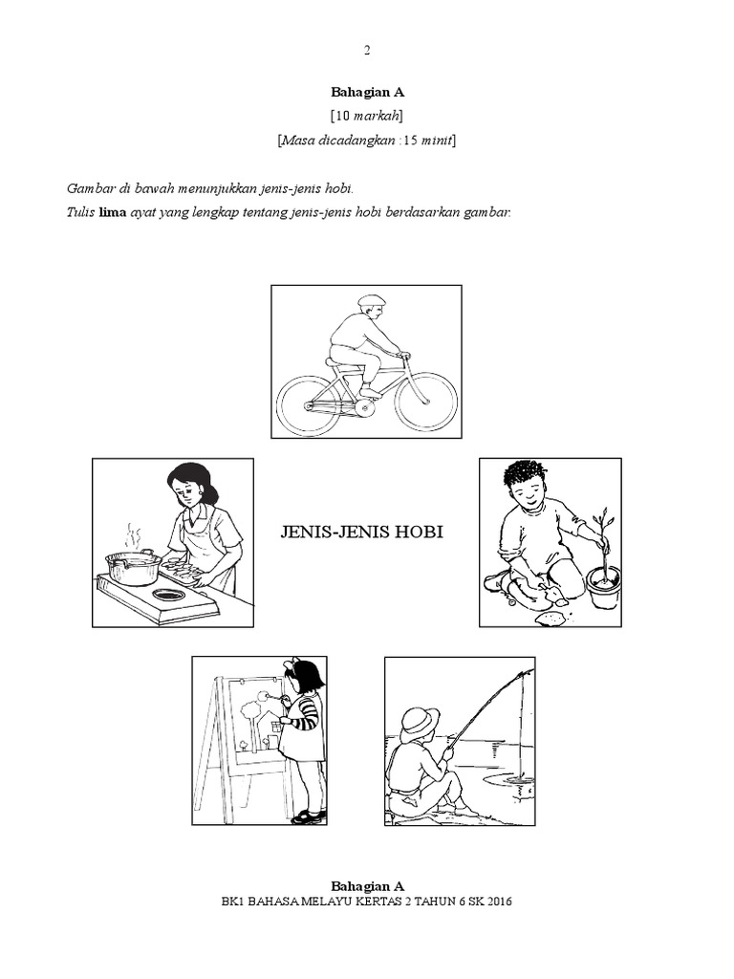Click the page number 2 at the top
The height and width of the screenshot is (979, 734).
pos(367,51)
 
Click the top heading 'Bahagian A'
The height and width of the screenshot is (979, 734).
pos(368,93)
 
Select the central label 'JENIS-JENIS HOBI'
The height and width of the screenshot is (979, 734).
pos(362,532)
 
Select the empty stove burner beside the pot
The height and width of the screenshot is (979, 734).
pos(170,596)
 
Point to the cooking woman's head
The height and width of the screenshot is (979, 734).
pos(189,483)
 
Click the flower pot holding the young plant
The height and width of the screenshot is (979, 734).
pos(603,588)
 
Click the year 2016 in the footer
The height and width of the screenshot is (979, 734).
pos(501,902)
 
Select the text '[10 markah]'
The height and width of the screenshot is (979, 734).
pos(367,116)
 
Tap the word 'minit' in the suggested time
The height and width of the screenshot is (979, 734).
pos(438,141)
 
